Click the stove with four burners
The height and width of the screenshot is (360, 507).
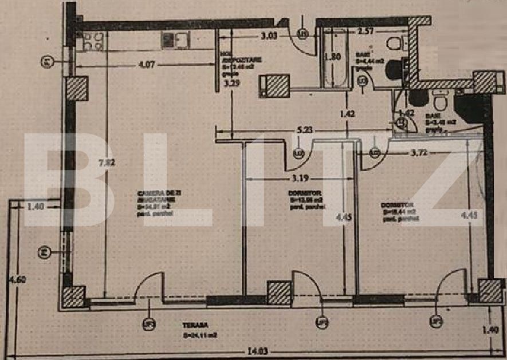click(92, 41)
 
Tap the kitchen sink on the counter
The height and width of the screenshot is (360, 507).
click(175, 40)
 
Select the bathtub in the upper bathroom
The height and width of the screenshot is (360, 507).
click(335, 58)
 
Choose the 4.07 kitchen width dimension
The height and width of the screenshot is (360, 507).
click(146, 64)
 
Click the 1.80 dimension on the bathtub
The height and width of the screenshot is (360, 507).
click(332, 57)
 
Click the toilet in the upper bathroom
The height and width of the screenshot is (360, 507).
click(395, 43)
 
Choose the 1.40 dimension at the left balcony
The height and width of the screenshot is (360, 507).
click(36, 207)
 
